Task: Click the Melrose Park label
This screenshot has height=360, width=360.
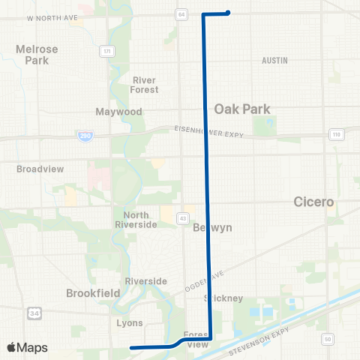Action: coord(37,55)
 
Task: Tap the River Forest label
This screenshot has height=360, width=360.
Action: coord(145,85)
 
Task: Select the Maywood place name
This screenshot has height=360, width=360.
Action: coord(118,112)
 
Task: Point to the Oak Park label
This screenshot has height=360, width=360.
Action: coord(242,109)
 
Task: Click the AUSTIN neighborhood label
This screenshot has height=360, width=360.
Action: coord(275,59)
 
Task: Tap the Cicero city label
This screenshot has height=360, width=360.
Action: coord(313,202)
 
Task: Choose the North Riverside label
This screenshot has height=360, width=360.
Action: coord(136,220)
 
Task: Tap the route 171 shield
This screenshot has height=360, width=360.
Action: coord(108,50)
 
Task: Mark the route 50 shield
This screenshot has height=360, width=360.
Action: coord(327,340)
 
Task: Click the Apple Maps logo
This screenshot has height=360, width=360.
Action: coord(28,347)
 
